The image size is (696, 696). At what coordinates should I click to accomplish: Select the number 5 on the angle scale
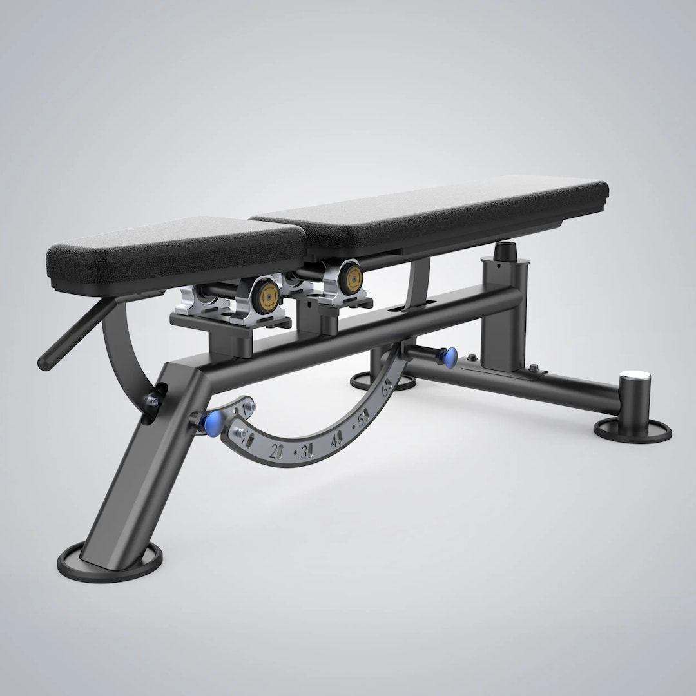(363, 420)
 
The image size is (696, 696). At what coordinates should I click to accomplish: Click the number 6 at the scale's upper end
(387, 390)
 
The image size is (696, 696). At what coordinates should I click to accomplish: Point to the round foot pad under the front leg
(111, 560)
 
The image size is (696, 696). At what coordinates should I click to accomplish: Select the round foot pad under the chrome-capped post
(632, 429)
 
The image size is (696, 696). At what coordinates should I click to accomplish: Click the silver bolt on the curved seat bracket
(152, 403)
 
